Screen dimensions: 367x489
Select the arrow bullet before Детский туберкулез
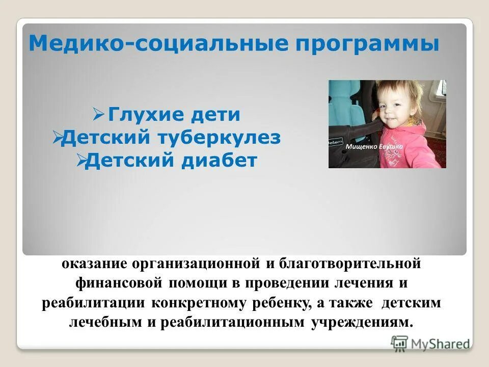(57, 138)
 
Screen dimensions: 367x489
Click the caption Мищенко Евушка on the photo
(374, 147)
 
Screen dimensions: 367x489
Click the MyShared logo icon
(400, 343)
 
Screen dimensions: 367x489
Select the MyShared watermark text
(440, 343)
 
